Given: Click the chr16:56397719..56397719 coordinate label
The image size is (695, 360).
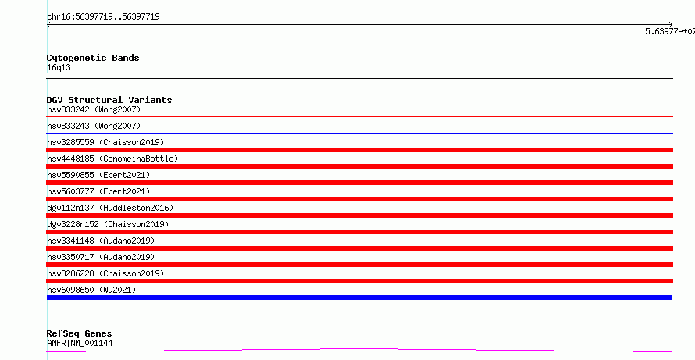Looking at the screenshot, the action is point(103,17).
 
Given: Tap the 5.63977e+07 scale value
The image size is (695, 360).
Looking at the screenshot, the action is point(670,31).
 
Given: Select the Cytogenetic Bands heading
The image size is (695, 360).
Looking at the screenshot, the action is point(93,58).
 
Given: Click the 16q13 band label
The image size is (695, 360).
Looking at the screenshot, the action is point(59,68).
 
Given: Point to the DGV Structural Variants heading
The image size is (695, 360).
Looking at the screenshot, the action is point(109,100).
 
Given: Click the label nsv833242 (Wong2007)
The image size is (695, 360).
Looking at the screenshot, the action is point(94,109).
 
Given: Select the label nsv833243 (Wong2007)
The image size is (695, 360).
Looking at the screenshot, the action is point(94,126).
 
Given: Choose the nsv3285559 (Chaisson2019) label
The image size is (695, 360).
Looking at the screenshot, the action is point(105,142).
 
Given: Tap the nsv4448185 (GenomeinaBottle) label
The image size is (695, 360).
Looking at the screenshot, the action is point(112,159).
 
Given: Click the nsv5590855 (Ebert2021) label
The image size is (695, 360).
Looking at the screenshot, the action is point(98,175).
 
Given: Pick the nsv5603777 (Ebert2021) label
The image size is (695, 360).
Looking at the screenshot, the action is point(98,191).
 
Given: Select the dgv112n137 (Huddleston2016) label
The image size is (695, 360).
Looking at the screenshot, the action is point(110,208).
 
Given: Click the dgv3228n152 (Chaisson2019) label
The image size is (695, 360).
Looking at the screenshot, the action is point(108,224).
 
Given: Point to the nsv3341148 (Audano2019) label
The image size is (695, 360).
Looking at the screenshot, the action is point(101,241).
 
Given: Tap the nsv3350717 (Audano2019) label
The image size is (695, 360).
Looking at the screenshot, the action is point(101,257).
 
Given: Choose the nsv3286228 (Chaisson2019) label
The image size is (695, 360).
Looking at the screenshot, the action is point(105,273).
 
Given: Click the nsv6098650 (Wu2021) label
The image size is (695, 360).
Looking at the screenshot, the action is point(91,290).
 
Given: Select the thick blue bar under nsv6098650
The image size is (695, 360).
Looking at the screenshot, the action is point(359,298).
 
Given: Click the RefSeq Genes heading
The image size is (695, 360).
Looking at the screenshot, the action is point(80,334).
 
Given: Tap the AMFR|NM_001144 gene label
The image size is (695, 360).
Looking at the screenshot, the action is point(80,343).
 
